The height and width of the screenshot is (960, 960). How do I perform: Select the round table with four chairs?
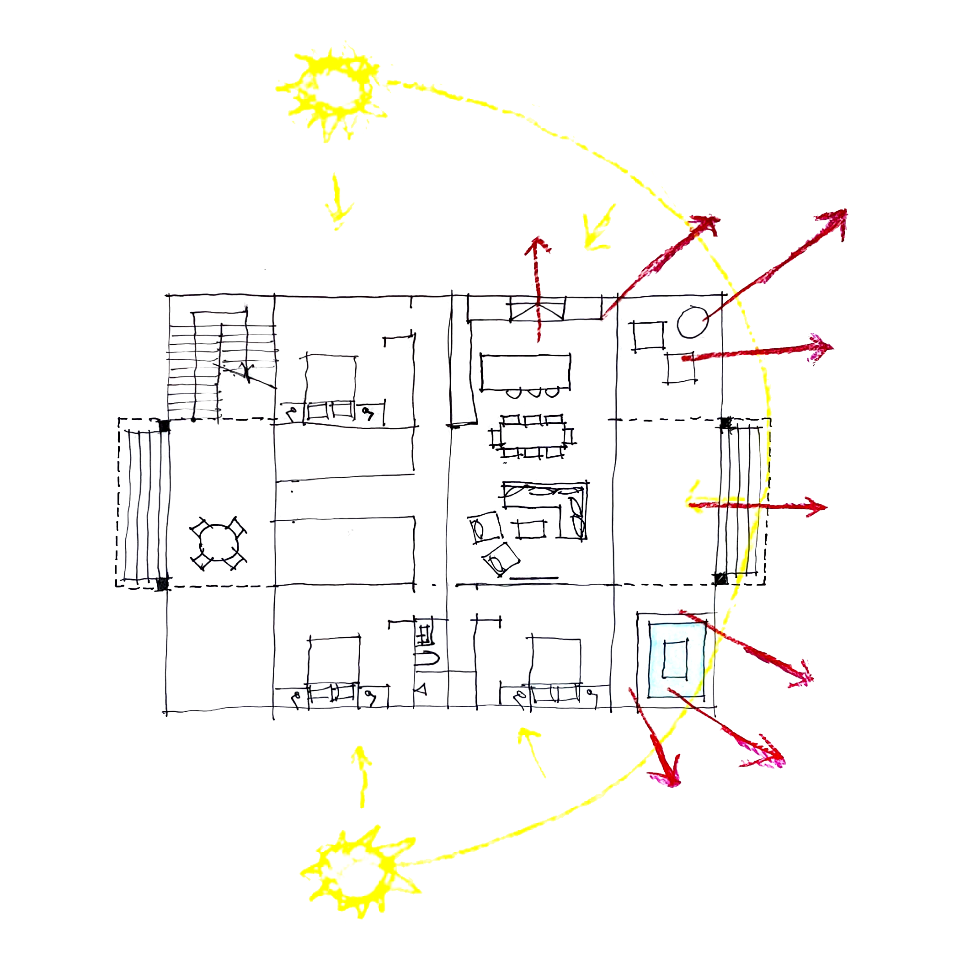coord(218,543)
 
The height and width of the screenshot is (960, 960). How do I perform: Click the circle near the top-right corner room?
coord(692,322)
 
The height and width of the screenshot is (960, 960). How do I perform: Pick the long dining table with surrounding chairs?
coord(533,436)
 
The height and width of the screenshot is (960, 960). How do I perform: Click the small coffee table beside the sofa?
coord(531,529)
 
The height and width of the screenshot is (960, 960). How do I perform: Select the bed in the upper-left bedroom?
coord(331,385)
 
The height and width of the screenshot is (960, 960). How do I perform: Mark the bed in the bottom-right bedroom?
coord(555,666)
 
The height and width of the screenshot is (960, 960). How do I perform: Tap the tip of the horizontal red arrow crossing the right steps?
coord(825,507)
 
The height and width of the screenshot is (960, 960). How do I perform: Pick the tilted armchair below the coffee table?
coord(501,559)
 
